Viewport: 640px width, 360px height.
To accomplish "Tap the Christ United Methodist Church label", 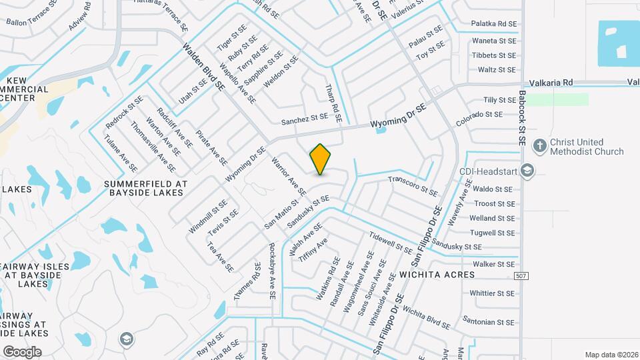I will [x=587, y=147].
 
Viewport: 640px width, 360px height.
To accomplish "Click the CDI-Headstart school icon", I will [x=529, y=171].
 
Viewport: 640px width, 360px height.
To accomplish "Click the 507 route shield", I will [x=523, y=275].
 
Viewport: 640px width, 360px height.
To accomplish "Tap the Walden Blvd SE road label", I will [x=203, y=67].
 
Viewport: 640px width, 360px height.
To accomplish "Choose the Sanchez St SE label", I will [x=305, y=119].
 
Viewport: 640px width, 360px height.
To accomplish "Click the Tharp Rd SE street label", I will [x=333, y=103].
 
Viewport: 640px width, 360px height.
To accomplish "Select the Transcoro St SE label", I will [x=413, y=187].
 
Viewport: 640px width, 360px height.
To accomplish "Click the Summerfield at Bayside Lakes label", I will [x=143, y=187].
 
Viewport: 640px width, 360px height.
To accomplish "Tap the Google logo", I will [x=22, y=351].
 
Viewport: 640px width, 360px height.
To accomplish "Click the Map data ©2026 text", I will [x=611, y=355].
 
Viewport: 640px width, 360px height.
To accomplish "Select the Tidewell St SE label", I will [x=391, y=242].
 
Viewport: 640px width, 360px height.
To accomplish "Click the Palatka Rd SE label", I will [x=494, y=23].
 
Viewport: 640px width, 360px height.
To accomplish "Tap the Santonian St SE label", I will [x=491, y=323].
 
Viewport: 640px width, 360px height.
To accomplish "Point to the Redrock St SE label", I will [x=125, y=113].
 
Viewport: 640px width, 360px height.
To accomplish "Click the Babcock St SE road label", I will [x=522, y=118].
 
